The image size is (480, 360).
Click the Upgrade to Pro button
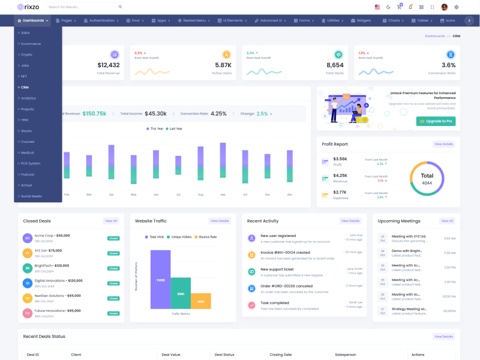pos(435,121)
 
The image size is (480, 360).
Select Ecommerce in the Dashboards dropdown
pos(31,44)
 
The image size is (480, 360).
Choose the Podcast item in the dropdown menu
pos(28,174)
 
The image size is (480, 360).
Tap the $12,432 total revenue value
pos(109,65)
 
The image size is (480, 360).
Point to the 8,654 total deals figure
pos(335,65)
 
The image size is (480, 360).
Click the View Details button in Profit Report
pos(443,144)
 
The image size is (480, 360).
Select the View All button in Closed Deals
pos(111,221)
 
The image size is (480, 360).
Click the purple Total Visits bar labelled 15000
pos(160,280)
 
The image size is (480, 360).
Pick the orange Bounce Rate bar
pos(201,301)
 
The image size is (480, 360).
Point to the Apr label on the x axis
pos(111,194)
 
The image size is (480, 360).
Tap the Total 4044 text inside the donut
pos(427,179)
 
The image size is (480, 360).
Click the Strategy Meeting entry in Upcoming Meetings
pos(409,309)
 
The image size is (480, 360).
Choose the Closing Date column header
pos(281,355)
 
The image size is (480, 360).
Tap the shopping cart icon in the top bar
pos(399,7)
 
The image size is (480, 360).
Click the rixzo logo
pos(28,7)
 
